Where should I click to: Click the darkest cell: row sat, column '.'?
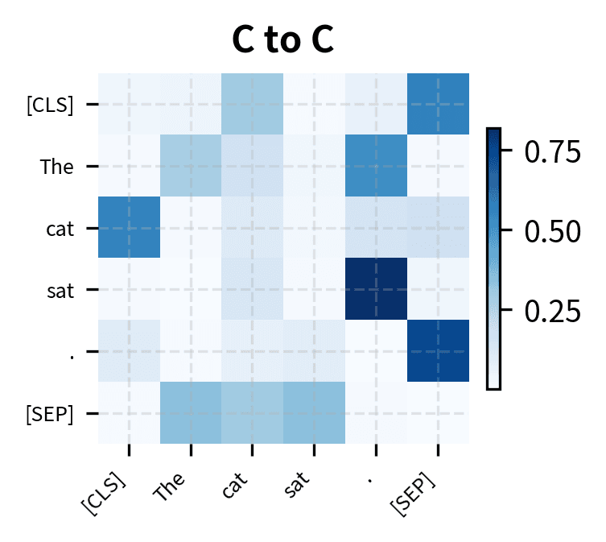point(377,289)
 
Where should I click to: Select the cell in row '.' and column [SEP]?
point(439,351)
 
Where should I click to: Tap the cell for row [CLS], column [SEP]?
point(439,104)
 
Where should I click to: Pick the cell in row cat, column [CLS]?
point(129,228)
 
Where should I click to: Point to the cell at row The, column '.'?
point(377,166)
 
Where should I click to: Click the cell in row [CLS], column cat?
point(253,104)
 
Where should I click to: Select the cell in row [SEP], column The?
point(191,412)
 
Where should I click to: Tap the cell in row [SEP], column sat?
point(315,412)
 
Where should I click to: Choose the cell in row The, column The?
point(191,166)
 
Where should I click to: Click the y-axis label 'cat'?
point(60,229)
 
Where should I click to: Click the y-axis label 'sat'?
point(60,290)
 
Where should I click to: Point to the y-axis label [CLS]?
point(50,105)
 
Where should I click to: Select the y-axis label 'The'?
point(57,167)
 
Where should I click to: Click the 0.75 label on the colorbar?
point(552,151)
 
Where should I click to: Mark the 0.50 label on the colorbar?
point(552,231)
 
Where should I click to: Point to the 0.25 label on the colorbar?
point(552,310)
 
